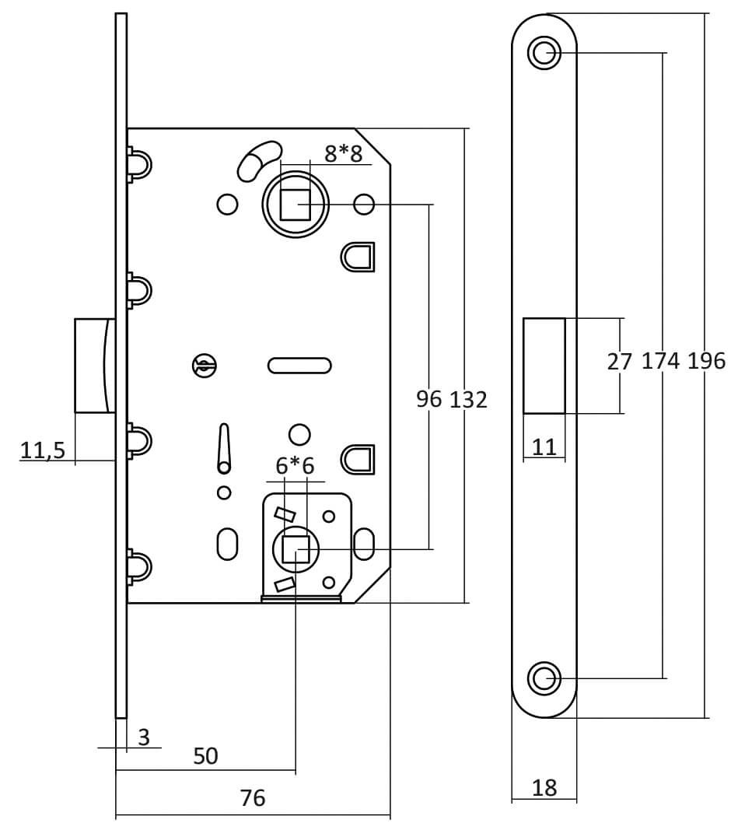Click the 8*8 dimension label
click(x=344, y=153)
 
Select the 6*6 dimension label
click(x=296, y=466)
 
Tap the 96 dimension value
click(x=428, y=399)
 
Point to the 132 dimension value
click(x=469, y=399)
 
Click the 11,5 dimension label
click(x=43, y=450)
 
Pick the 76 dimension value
click(x=252, y=797)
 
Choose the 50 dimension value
click(x=205, y=755)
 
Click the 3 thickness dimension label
click(x=144, y=737)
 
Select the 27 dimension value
click(x=620, y=361)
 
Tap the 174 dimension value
click(x=661, y=361)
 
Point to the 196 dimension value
click(x=706, y=361)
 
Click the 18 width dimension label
click(x=544, y=788)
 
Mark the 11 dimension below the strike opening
click(x=544, y=447)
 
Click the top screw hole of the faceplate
click(x=544, y=53)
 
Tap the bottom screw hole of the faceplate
click(x=544, y=678)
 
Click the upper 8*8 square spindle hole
click(x=294, y=205)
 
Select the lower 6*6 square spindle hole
click(x=296, y=549)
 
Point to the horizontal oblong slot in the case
click(x=299, y=364)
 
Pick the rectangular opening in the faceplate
click(x=544, y=365)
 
